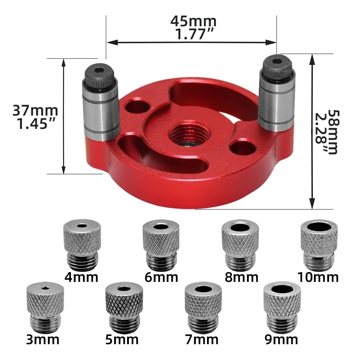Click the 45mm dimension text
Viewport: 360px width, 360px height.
tap(193, 22)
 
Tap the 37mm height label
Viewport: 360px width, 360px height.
tap(35, 110)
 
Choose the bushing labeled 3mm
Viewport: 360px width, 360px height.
tap(45, 308)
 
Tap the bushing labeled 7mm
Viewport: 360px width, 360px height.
tap(203, 308)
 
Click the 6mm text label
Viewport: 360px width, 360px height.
tap(161, 278)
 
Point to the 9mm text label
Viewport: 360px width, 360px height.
tap(281, 339)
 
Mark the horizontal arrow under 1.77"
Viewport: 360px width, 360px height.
tap(191, 42)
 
